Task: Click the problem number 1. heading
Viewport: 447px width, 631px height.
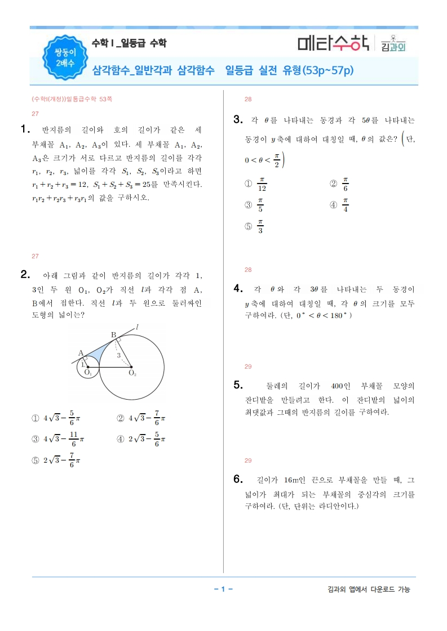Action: (24, 129)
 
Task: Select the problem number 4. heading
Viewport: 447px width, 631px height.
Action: (237, 289)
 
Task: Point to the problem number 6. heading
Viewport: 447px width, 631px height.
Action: (237, 480)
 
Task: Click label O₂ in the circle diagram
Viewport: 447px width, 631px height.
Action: (132, 373)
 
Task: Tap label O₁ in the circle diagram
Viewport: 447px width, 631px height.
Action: (88, 373)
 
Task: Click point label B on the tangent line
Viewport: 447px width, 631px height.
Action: (113, 335)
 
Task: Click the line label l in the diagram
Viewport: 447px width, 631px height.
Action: (137, 326)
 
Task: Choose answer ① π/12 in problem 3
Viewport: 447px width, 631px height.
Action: (256, 184)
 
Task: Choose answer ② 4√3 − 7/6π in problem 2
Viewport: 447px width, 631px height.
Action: (141, 418)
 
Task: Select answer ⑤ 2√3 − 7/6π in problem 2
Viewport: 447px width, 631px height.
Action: (57, 460)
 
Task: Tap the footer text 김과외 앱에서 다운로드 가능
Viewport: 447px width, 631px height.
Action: (369, 589)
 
